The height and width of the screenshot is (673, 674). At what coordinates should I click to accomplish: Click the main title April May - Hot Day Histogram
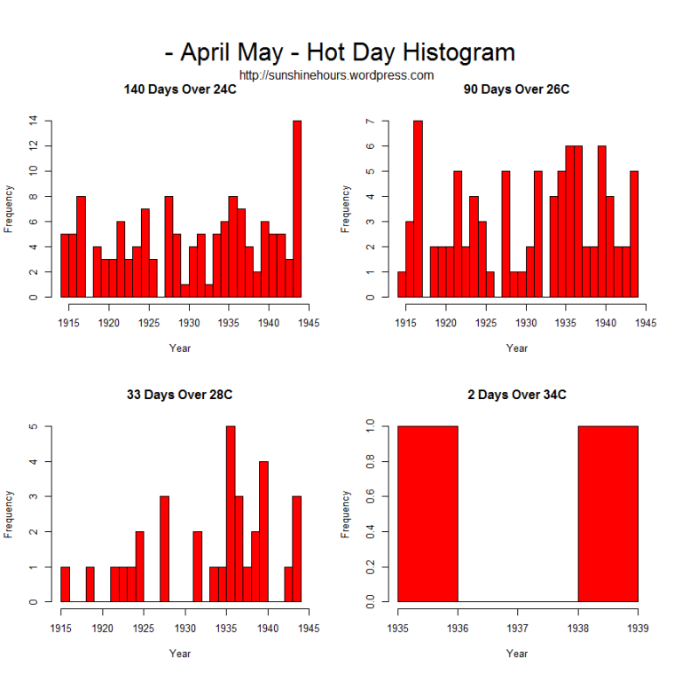(340, 51)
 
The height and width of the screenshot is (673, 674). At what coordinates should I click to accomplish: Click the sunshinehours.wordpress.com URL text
(336, 75)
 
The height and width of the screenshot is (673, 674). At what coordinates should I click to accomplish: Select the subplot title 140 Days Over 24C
(180, 90)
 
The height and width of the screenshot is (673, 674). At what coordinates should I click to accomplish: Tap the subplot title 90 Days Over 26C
(516, 90)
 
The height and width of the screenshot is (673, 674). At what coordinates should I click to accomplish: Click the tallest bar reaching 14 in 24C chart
(297, 208)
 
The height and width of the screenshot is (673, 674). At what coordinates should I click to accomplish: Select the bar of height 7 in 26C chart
(418, 208)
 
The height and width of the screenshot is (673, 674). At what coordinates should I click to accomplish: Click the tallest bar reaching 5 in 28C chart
(231, 514)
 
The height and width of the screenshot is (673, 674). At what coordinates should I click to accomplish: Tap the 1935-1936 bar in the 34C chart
(427, 514)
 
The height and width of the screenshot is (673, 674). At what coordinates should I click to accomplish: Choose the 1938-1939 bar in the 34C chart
(607, 514)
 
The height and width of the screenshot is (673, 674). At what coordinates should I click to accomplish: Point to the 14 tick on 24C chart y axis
(33, 121)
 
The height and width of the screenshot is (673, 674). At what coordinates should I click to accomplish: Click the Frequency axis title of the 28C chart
(10, 513)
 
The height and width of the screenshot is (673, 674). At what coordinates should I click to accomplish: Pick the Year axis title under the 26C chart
(517, 348)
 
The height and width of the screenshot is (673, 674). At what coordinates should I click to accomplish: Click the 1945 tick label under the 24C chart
(309, 323)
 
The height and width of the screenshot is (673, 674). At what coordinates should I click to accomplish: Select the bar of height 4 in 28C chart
(263, 532)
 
